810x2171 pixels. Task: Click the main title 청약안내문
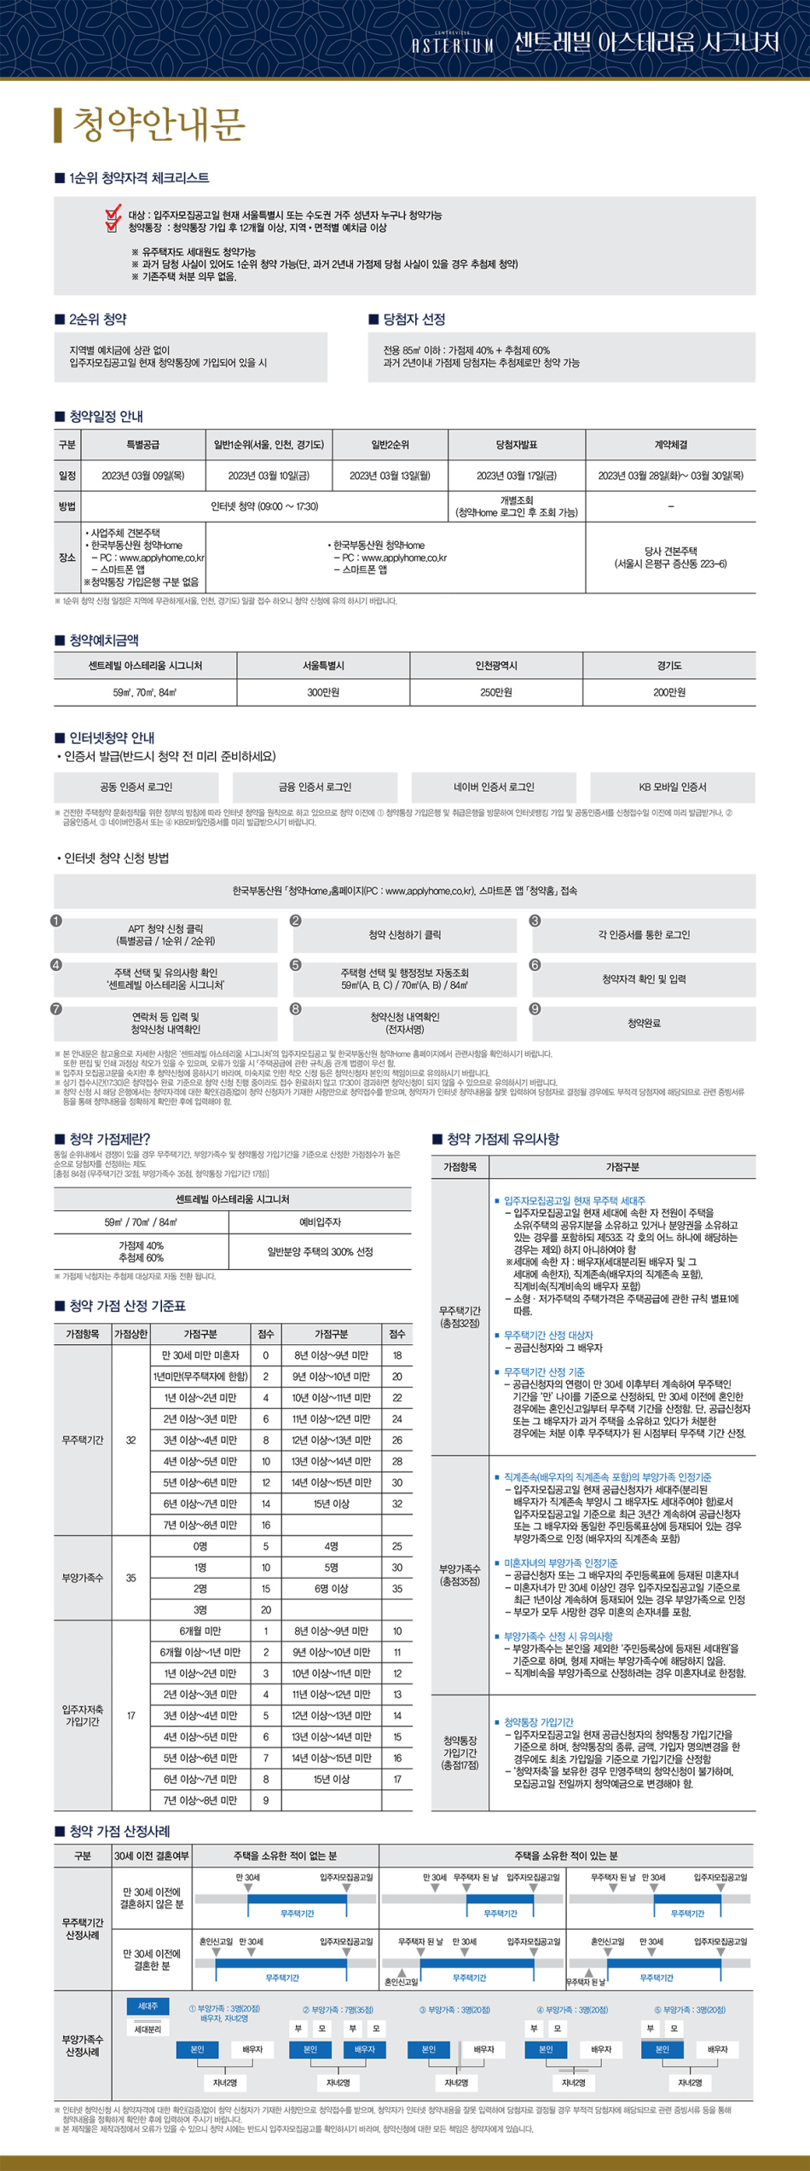tap(159, 124)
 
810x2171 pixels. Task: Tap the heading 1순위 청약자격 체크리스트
tap(139, 178)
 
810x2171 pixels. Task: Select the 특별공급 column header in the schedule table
tap(142, 445)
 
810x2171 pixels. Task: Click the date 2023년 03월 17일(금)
tap(516, 476)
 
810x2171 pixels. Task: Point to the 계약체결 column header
tap(670, 445)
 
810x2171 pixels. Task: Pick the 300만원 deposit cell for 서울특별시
tap(323, 693)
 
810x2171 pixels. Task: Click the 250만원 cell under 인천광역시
tap(496, 693)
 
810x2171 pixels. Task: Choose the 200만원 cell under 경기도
tap(669, 693)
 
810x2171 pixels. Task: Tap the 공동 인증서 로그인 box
tap(136, 788)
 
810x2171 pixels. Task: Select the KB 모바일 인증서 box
tap(673, 788)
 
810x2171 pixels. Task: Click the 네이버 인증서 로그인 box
tap(494, 788)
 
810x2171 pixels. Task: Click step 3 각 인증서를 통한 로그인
tap(644, 935)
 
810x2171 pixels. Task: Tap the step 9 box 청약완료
tap(644, 1024)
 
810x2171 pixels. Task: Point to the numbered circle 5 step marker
tap(296, 965)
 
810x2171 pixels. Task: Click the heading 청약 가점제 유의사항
tap(502, 1140)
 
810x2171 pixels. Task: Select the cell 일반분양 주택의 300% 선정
tap(320, 1252)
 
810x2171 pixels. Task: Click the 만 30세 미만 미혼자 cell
tap(200, 1355)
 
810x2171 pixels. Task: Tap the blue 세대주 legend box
tap(148, 2006)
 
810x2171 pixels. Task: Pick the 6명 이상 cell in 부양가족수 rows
tap(332, 1589)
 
